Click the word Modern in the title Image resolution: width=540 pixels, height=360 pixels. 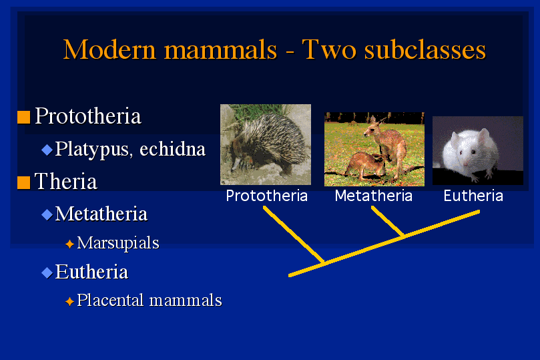coord(109,49)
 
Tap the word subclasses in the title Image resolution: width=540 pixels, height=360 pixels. coord(425,49)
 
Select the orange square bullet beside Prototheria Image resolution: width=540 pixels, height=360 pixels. coord(24,117)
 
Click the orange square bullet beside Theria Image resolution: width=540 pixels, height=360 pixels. coord(24,182)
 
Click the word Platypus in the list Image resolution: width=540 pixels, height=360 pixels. coord(92,150)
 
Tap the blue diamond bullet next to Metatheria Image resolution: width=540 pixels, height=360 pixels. coord(47,214)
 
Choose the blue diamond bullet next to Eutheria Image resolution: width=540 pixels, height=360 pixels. coord(47,273)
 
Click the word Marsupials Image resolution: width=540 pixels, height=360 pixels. coord(118,243)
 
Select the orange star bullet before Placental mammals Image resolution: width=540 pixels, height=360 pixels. coord(69,301)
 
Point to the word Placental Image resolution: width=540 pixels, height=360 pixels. coord(110,300)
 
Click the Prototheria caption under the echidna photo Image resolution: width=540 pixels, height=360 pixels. coord(266,196)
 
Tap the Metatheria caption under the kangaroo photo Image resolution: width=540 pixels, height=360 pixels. coord(374,196)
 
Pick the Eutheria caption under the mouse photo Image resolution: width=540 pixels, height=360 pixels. coord(473,196)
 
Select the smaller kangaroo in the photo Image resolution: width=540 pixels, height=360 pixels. coord(366,166)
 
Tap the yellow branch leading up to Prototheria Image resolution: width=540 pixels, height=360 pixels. coord(294,234)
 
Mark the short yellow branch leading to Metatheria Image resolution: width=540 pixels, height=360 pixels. coord(387,221)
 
